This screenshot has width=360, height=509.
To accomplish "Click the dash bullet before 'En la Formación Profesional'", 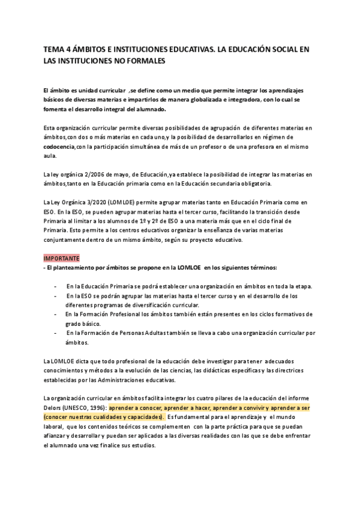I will tap(56, 314).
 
